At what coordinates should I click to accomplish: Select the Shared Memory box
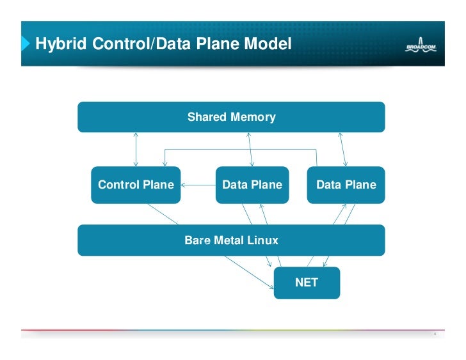(x=231, y=117)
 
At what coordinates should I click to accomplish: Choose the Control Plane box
(x=136, y=185)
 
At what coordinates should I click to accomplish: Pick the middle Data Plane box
(x=252, y=185)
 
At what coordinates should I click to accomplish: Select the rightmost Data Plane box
(x=346, y=185)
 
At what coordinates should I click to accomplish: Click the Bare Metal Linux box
(x=231, y=240)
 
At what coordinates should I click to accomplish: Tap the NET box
(x=307, y=282)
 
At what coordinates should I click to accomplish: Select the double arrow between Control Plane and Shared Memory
(x=136, y=149)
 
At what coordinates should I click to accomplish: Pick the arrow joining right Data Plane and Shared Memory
(x=343, y=149)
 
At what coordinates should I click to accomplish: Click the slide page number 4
(x=435, y=334)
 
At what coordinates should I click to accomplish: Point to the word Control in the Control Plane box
(x=117, y=185)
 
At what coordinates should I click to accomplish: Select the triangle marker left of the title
(x=26, y=44)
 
